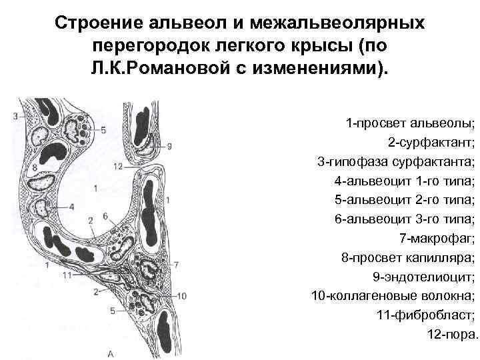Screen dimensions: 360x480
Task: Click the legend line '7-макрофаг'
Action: (437, 237)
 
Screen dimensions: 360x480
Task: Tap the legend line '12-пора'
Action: (452, 333)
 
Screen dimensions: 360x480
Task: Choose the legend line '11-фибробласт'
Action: (427, 314)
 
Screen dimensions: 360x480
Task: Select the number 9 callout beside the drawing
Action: (169, 145)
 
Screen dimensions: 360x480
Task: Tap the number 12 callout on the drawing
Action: (119, 165)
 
